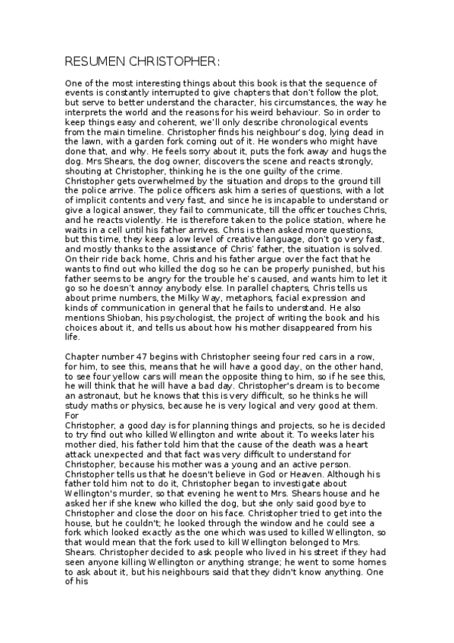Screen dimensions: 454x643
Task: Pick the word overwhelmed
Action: [143, 180]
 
